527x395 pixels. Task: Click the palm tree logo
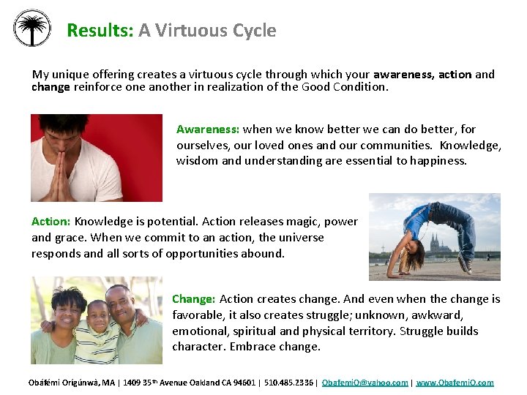[32, 29]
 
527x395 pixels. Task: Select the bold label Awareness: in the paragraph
[208, 129]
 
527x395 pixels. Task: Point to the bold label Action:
[51, 222]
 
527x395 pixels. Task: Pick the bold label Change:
[194, 299]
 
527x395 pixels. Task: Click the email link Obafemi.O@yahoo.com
[365, 383]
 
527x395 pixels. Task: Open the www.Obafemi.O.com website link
[455, 383]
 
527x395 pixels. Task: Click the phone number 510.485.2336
[290, 383]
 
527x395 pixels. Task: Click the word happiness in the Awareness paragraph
[437, 161]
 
